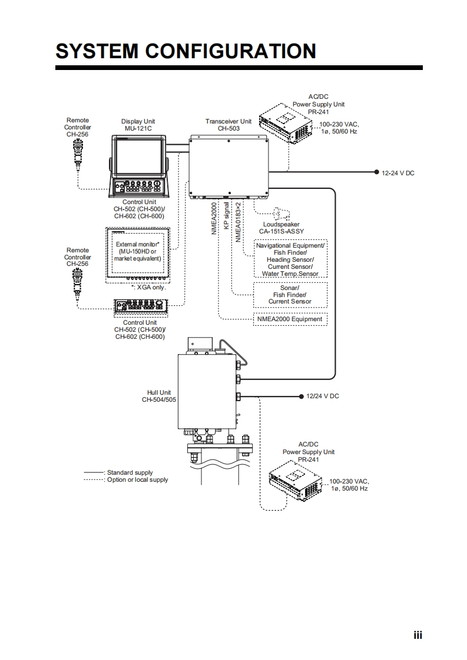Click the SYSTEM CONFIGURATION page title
tap(186, 51)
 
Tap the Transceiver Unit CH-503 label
tap(228, 125)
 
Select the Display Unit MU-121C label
tap(138, 125)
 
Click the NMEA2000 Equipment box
tap(290, 319)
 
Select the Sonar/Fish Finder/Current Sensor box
tap(290, 295)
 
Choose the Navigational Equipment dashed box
tap(290, 259)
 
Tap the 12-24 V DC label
tap(398, 173)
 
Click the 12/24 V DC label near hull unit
tap(323, 396)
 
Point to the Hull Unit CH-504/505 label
tap(159, 396)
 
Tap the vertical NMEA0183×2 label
tap(239, 221)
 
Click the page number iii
tap(418, 635)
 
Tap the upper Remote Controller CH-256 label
tap(78, 127)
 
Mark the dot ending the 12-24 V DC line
tap(376, 172)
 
